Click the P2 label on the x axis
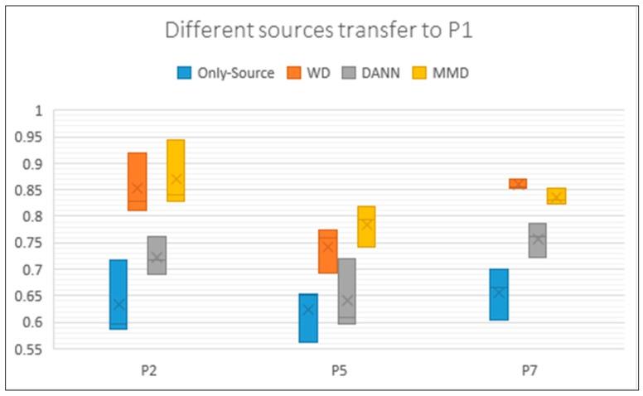point(149,372)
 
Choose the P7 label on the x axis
point(529,372)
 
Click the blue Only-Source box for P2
point(118,294)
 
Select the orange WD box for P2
point(138,181)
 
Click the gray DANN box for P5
point(346,291)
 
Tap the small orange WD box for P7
point(518,183)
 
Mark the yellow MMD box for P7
point(556,196)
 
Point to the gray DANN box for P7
point(537,240)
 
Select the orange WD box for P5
point(328,251)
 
